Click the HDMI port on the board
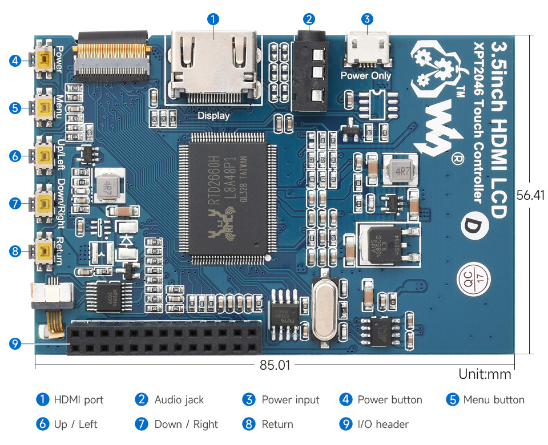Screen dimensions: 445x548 click(213, 66)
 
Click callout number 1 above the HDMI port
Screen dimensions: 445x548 click(213, 19)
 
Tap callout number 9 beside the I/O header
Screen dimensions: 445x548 click(15, 343)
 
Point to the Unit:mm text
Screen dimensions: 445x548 click(485, 374)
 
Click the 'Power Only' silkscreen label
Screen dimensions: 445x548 click(366, 75)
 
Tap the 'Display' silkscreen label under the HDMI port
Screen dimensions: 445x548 click(213, 116)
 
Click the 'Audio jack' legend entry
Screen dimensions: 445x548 click(179, 400)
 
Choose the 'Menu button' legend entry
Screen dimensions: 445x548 click(494, 400)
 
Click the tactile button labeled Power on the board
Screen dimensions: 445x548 click(43, 60)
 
